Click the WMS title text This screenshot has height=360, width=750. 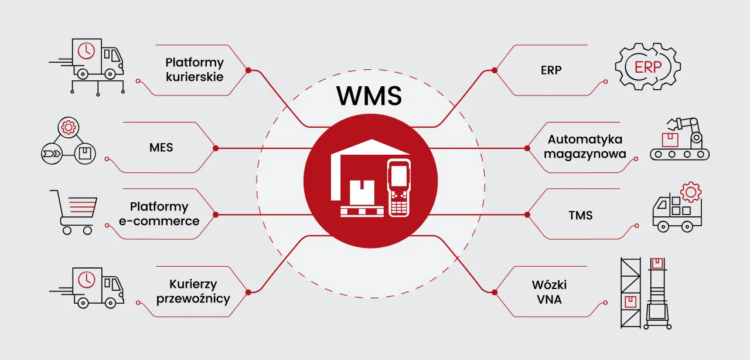pyautogui.click(x=369, y=96)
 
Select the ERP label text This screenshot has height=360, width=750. pyautogui.click(x=551, y=70)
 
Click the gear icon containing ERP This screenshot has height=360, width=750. pyautogui.click(x=647, y=67)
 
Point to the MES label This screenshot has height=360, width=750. pyautogui.click(x=161, y=147)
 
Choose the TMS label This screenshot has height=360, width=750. pyautogui.click(x=581, y=215)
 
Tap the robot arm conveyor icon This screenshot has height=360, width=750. pyautogui.click(x=680, y=140)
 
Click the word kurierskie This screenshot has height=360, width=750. pyautogui.click(x=194, y=76)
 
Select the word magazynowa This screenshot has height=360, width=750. pyautogui.click(x=585, y=154)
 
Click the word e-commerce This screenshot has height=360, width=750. pyautogui.click(x=159, y=221)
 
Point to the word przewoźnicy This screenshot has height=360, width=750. pyautogui.click(x=193, y=298)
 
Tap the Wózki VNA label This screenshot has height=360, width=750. pyautogui.click(x=549, y=292)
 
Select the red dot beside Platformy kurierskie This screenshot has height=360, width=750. pyautogui.click(x=248, y=70)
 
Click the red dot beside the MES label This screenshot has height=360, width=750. pyautogui.click(x=216, y=148)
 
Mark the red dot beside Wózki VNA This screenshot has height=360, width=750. pyautogui.click(x=494, y=291)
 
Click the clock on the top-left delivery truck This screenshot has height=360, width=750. pyautogui.click(x=86, y=51)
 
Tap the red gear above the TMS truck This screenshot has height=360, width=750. pyautogui.click(x=691, y=192)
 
